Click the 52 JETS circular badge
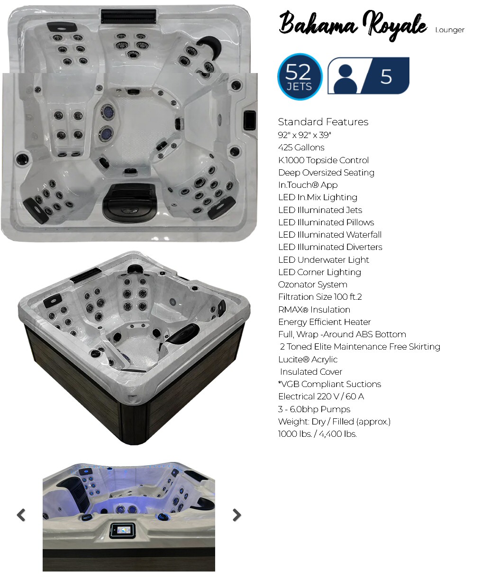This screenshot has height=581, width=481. (x=299, y=76)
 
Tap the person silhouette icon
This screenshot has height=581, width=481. (x=345, y=79)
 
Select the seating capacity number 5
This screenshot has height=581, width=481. (x=386, y=76)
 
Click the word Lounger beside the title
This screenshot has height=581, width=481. (x=450, y=30)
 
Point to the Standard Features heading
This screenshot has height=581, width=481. (x=323, y=121)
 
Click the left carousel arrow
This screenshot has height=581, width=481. (x=21, y=515)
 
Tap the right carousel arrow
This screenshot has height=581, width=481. (x=236, y=515)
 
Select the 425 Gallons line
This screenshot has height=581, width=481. (x=301, y=147)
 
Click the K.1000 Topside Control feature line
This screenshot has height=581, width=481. (x=323, y=160)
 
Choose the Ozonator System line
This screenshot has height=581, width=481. (x=312, y=285)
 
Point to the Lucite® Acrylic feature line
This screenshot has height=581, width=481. (x=308, y=359)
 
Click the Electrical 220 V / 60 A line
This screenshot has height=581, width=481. (x=321, y=396)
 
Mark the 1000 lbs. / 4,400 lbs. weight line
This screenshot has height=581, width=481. (x=317, y=434)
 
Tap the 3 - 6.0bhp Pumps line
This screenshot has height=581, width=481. (x=314, y=409)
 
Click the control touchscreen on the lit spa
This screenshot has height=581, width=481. (x=122, y=530)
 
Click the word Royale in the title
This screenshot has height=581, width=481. (x=395, y=25)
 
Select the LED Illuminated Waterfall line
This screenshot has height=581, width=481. (x=330, y=235)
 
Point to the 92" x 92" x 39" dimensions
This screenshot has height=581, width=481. (x=304, y=135)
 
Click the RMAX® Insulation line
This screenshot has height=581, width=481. (x=314, y=309)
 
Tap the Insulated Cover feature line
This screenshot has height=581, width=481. (x=311, y=371)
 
